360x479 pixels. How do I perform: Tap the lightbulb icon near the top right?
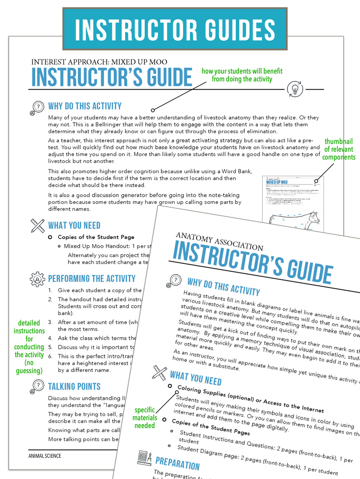(x=295, y=89)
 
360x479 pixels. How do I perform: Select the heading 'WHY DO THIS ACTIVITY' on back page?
(x=85, y=106)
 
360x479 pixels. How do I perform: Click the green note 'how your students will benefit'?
(x=237, y=75)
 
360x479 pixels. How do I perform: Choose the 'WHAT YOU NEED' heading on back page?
(x=74, y=226)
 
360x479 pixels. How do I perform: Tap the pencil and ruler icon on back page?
(x=37, y=226)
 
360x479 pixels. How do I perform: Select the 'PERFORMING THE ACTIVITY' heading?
(x=91, y=279)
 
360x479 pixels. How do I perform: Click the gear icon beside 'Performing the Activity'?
(x=37, y=279)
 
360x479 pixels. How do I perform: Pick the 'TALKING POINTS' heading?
(x=74, y=386)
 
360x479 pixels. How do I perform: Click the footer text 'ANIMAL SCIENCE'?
(x=45, y=456)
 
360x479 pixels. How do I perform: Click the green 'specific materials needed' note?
(x=145, y=418)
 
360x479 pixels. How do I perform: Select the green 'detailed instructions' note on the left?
(x=29, y=347)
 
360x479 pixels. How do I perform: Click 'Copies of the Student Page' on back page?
(x=96, y=237)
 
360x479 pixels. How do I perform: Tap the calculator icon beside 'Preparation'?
(x=144, y=458)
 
